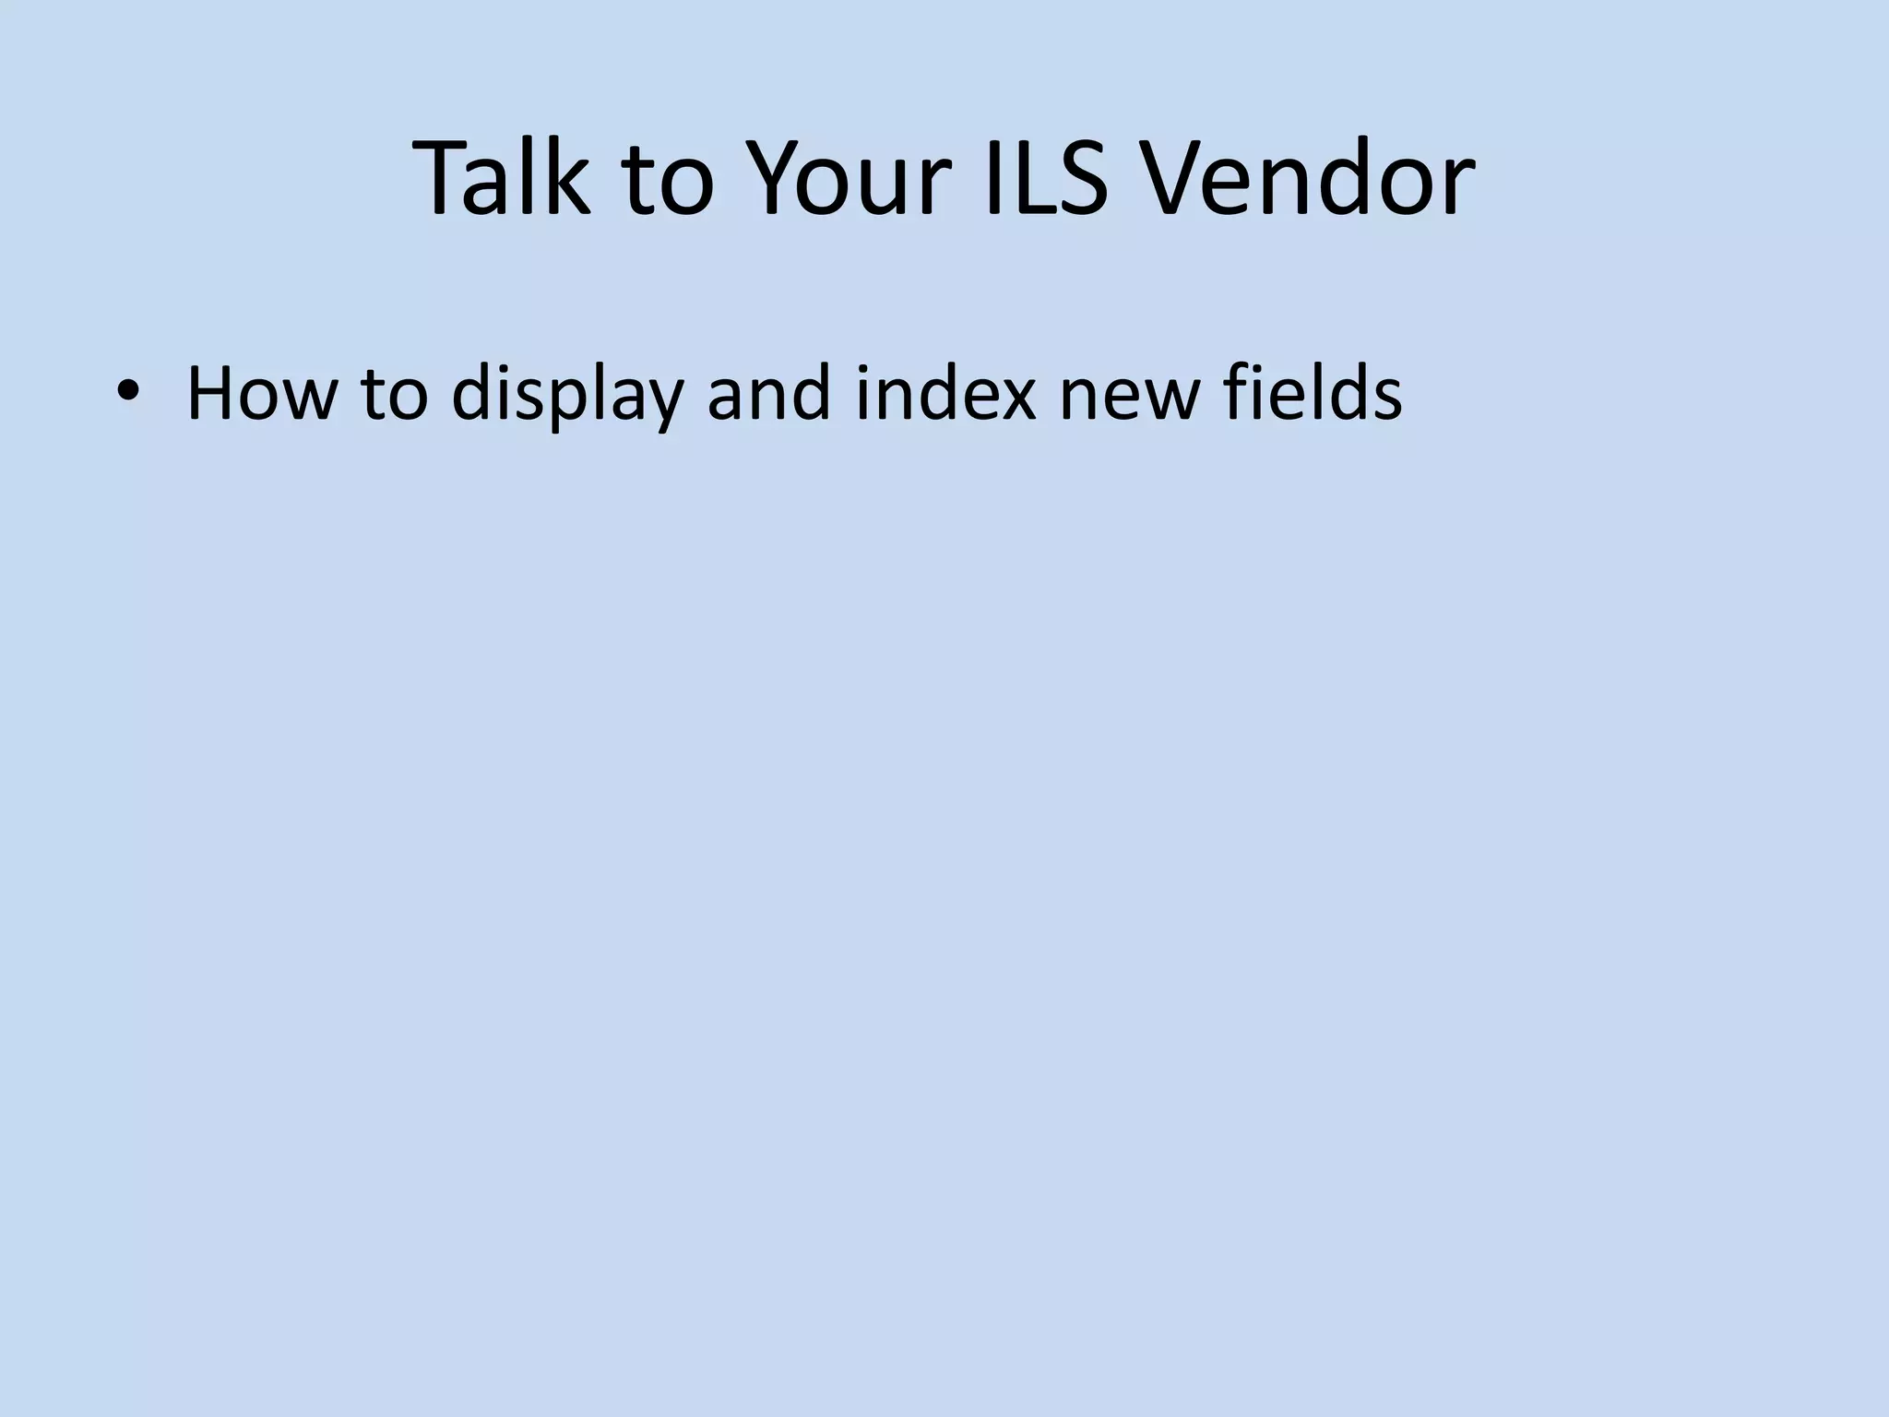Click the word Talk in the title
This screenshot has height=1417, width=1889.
pyautogui.click(x=503, y=177)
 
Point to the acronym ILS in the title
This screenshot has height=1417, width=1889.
pyautogui.click(x=1046, y=177)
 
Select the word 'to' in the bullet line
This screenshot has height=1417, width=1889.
pyautogui.click(x=395, y=393)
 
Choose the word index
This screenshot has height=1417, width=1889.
pyautogui.click(x=946, y=393)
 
